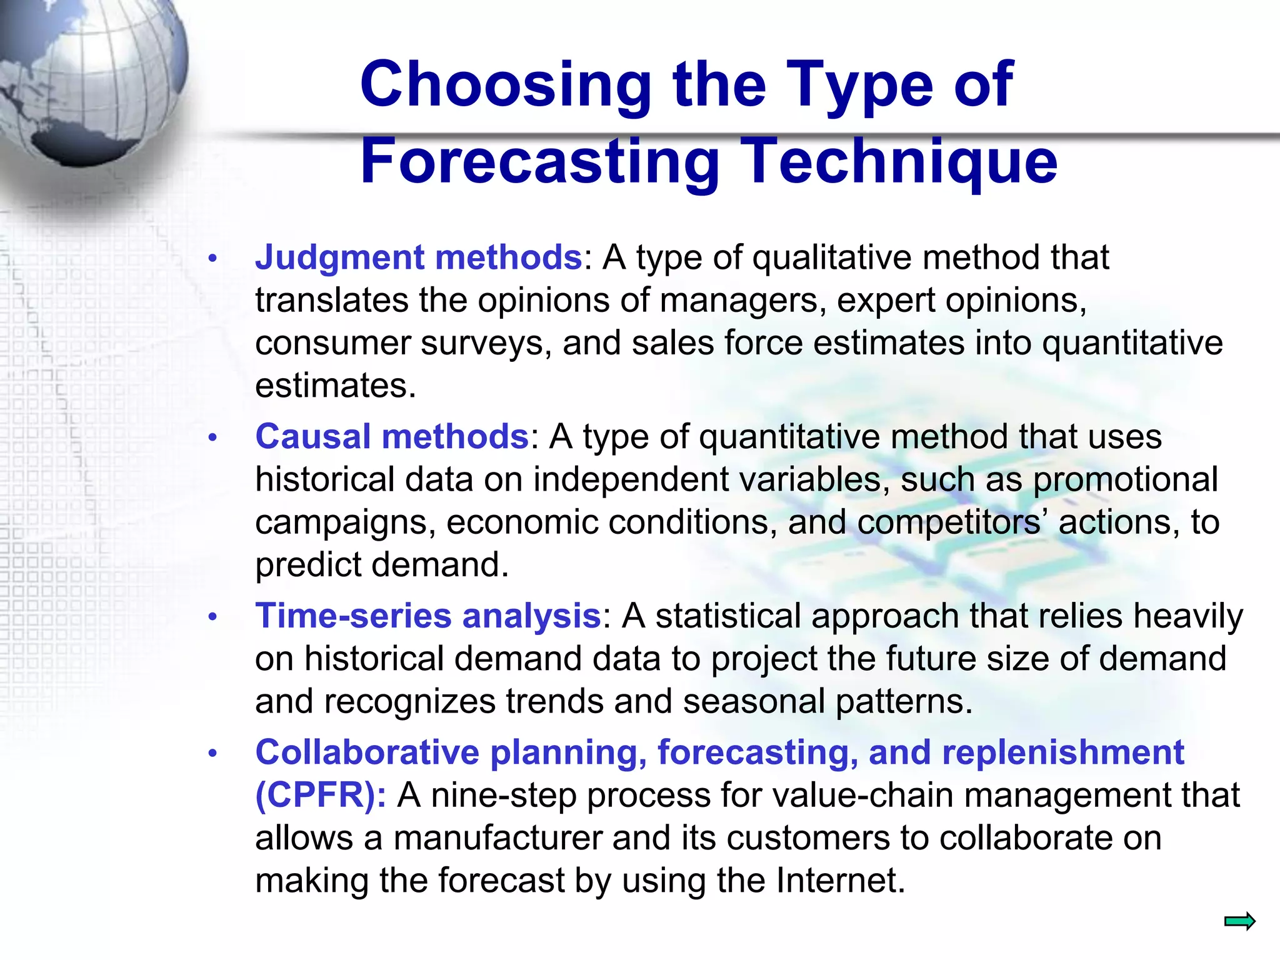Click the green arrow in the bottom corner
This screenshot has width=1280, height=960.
(x=1239, y=921)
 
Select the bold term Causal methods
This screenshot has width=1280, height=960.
(x=392, y=436)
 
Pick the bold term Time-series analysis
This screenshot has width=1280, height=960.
(x=428, y=616)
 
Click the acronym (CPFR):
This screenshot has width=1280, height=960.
(x=321, y=795)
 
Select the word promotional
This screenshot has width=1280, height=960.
(x=1125, y=479)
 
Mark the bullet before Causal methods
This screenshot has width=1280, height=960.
(x=212, y=437)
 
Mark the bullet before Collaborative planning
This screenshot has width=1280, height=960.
(x=212, y=753)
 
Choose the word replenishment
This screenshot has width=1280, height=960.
(x=1063, y=752)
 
